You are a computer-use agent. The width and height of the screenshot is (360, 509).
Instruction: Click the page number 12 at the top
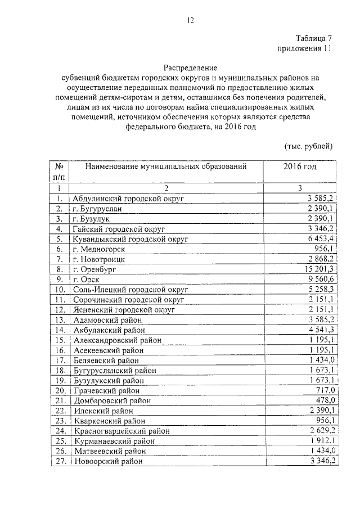point(190,21)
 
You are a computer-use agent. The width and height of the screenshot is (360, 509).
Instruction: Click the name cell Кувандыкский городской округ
point(129,238)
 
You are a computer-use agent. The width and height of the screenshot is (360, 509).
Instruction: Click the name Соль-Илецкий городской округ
point(129,289)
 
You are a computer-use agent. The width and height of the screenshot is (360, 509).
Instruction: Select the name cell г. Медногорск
point(99,249)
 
